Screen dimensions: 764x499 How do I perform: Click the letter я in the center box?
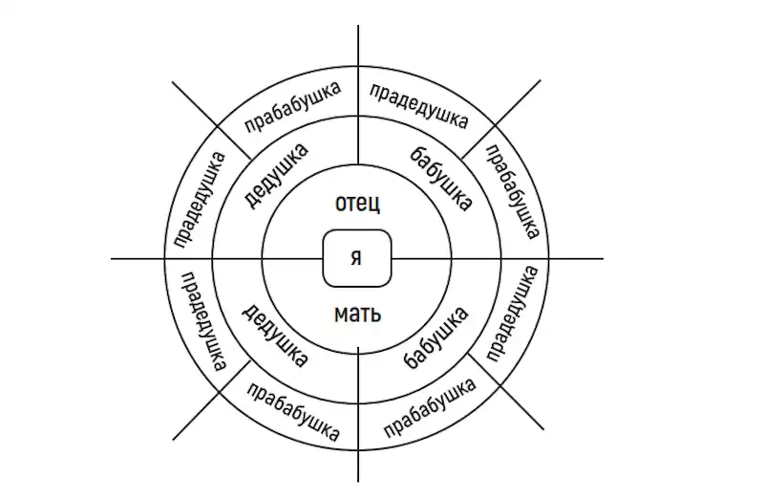(x=356, y=257)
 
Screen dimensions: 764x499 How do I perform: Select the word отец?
(x=357, y=203)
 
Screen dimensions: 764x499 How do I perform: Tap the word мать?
(x=357, y=314)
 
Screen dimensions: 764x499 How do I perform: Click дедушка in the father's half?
(x=275, y=175)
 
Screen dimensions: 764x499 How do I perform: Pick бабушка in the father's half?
(x=441, y=179)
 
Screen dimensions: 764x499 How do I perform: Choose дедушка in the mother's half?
(x=275, y=336)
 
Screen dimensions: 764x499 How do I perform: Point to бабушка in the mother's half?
(x=436, y=337)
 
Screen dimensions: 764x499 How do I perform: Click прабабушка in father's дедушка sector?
(x=292, y=107)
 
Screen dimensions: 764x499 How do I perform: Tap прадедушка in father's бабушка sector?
(x=418, y=106)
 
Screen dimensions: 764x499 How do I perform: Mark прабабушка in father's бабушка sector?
(x=513, y=191)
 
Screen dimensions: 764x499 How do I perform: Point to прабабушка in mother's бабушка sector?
(x=429, y=408)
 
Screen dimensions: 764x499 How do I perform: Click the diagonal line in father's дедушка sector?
(x=212, y=120)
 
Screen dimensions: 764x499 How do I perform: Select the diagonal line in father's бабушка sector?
(x=500, y=119)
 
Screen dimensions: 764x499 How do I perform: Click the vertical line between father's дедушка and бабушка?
(x=358, y=96)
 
